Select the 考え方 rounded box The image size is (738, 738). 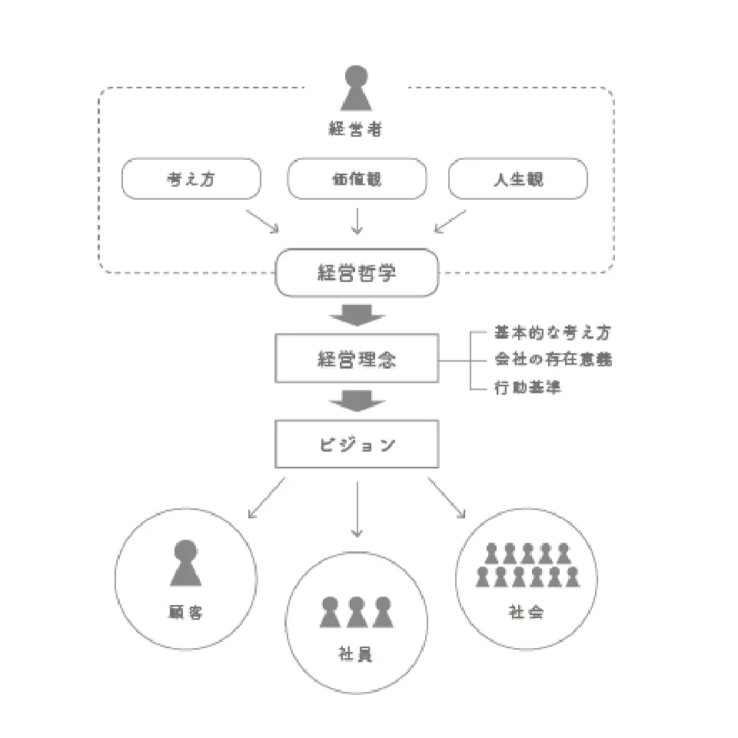tap(191, 179)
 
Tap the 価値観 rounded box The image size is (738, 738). tap(356, 179)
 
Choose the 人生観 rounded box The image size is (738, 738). tap(518, 179)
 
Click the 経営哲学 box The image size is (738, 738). tap(356, 272)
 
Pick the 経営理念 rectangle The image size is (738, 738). tap(356, 358)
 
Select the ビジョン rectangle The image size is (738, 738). tap(356, 444)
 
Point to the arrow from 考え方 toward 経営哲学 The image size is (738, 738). tap(262, 220)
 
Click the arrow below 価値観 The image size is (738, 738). tap(356, 220)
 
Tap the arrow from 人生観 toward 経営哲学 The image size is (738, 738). tap(450, 220)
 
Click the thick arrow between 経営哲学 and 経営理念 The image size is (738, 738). tap(356, 315)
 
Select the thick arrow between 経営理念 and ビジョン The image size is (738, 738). tap(356, 401)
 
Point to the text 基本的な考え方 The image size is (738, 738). tap(553, 333)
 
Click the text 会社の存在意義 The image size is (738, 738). tap(553, 359)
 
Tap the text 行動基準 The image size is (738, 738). tap(527, 387)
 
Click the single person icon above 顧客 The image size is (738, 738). tap(186, 563)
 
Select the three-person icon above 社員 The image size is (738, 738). tap(356, 613)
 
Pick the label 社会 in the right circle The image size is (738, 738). tap(527, 613)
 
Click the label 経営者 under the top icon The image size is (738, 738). tap(355, 129)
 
